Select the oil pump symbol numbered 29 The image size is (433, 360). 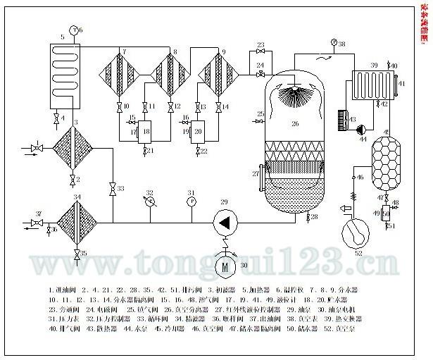(x=226, y=222)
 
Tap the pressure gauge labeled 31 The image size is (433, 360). (x=192, y=201)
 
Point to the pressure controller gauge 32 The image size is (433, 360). (x=149, y=201)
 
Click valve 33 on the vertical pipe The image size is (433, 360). (x=112, y=189)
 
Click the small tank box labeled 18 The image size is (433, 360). (x=146, y=131)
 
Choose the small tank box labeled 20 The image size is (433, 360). (x=198, y=131)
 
